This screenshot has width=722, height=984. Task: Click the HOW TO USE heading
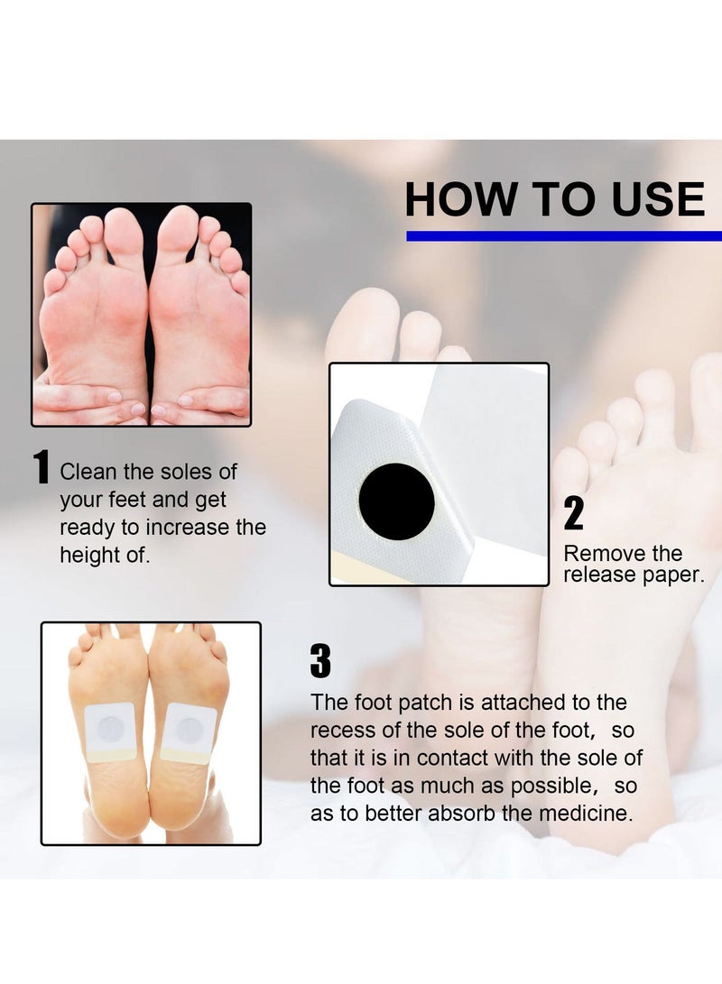[x=554, y=200]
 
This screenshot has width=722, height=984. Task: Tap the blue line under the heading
[x=563, y=236]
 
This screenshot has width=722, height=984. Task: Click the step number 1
[x=42, y=469]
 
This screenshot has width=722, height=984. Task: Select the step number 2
[x=574, y=513]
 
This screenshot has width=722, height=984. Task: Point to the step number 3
[x=320, y=661]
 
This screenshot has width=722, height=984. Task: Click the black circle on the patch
[x=397, y=501]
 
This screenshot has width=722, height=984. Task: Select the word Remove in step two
[x=597, y=553]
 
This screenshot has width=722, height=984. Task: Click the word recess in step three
[x=341, y=730]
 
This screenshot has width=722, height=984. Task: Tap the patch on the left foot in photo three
[x=110, y=731]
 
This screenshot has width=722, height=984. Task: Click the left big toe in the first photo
[x=125, y=234]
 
